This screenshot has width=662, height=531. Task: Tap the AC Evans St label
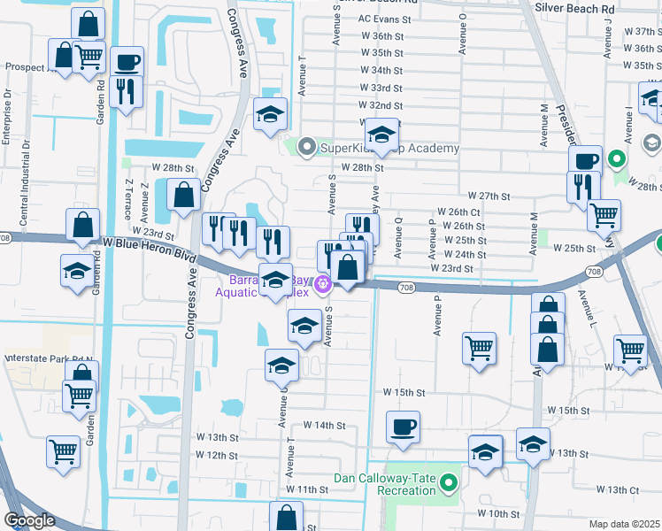385,18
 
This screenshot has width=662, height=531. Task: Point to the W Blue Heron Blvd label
148,242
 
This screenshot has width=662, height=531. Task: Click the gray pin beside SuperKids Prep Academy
307,148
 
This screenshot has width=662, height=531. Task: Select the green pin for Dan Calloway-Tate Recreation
448,483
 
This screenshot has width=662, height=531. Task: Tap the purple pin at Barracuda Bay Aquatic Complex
324,284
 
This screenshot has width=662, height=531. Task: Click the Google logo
29,520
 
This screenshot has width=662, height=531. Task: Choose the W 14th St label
323,426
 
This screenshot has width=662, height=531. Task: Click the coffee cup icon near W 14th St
403,427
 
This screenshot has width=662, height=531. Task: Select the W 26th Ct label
458,213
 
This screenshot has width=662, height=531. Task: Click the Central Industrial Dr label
27,168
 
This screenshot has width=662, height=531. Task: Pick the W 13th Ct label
617,489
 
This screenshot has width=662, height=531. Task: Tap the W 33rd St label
381,88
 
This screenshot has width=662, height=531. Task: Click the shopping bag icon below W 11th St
287,518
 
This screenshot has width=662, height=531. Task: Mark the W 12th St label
218,455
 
